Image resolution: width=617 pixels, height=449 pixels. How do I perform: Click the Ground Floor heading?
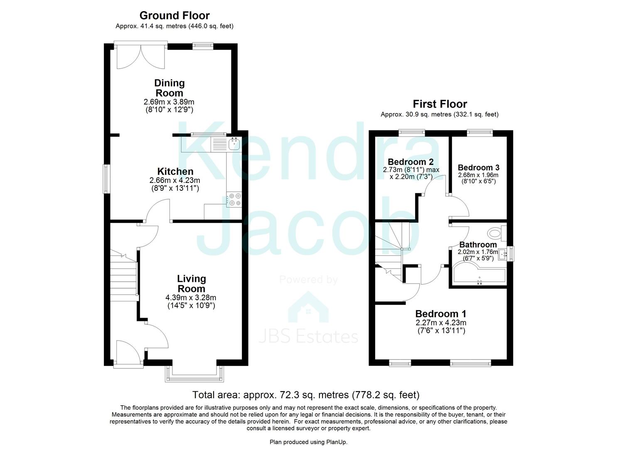click(x=174, y=15)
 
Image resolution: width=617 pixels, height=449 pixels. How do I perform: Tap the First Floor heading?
click(x=440, y=104)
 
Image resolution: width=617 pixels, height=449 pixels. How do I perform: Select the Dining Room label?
click(x=169, y=88)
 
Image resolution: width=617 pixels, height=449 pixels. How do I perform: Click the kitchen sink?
click(x=234, y=144)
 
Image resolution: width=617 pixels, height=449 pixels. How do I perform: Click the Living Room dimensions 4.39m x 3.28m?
click(x=191, y=298)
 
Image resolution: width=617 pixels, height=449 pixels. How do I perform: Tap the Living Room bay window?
click(x=194, y=374)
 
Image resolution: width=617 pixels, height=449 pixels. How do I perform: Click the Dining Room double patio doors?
click(x=141, y=56)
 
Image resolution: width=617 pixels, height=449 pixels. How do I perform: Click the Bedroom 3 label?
click(x=478, y=168)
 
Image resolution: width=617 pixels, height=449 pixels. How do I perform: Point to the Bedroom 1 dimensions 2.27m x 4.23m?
click(x=440, y=323)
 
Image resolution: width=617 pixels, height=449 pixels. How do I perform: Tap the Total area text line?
click(x=306, y=395)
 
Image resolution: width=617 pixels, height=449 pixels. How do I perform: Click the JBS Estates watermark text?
click(x=308, y=336)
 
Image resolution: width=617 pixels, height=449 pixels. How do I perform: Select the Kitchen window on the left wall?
click(x=107, y=179)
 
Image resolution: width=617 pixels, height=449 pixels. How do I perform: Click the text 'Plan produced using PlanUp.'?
click(x=308, y=442)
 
